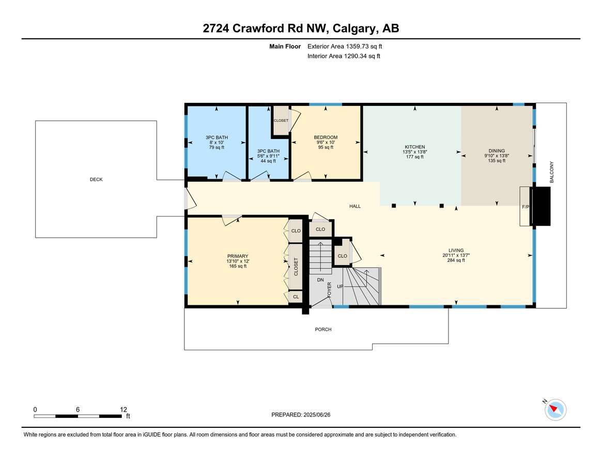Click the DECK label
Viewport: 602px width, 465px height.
(96, 179)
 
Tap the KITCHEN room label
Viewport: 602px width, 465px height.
(414, 147)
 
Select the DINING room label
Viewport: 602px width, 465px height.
(497, 151)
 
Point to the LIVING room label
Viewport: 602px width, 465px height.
(456, 251)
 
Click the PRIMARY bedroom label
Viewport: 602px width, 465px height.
(238, 256)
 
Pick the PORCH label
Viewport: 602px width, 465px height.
(323, 329)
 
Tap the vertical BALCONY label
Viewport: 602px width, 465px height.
(552, 172)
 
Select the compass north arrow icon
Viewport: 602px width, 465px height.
(555, 409)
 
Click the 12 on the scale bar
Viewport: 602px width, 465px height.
(123, 409)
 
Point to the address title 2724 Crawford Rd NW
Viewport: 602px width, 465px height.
(264, 28)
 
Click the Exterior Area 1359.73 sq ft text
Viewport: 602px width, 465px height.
(345, 47)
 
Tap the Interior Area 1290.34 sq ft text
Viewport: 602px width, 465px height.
(344, 56)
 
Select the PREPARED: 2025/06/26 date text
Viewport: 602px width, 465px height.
(301, 415)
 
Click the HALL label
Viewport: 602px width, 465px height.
(355, 206)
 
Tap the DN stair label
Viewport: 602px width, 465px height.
(320, 280)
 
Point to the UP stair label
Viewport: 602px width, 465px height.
(340, 286)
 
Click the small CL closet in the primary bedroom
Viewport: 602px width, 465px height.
(296, 297)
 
